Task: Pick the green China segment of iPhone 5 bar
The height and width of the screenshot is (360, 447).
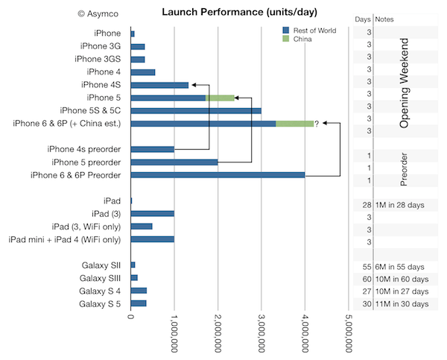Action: click(220, 98)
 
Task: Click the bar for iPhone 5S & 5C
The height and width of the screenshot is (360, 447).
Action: click(196, 110)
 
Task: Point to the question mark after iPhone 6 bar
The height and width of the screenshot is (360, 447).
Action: click(317, 124)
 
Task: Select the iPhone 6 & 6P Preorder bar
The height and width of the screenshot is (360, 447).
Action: click(218, 175)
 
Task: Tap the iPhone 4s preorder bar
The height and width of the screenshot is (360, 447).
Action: click(153, 149)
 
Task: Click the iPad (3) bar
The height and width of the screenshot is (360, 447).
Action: click(153, 213)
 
